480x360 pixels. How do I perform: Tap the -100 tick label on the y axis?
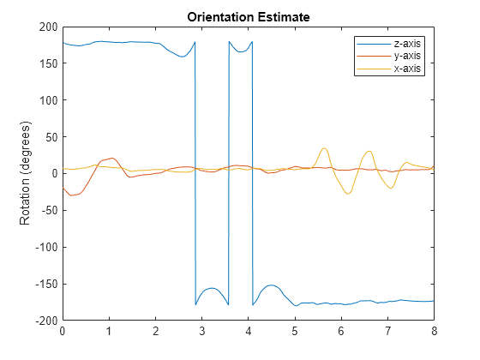coord(45,247)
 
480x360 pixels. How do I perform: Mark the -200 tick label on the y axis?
coord(45,321)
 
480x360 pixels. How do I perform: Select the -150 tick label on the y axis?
coord(45,284)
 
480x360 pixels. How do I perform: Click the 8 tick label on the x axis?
coord(434,330)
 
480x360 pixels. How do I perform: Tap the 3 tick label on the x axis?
coord(201,330)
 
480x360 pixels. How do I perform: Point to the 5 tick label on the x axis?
coord(295,330)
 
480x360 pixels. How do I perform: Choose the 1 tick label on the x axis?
coord(109,330)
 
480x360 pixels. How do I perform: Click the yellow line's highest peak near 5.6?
coord(324,148)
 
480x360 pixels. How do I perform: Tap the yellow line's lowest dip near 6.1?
coord(348,194)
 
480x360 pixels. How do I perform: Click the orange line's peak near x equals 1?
coord(111,158)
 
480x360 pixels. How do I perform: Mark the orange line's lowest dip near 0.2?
coord(72,195)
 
